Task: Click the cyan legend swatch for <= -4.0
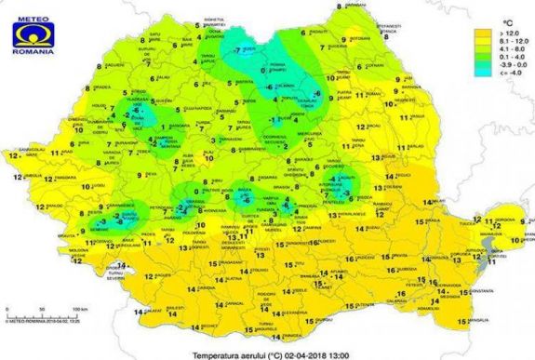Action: point(485,74)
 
